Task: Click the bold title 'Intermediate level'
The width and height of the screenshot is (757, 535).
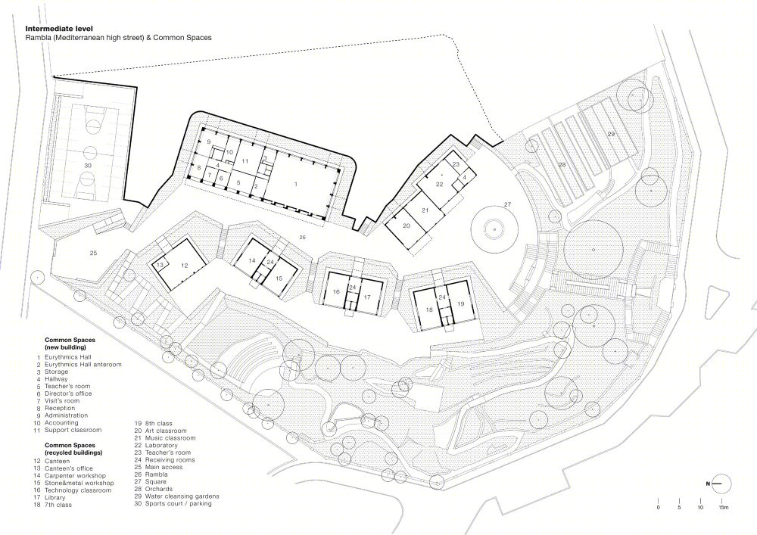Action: pyautogui.click(x=58, y=29)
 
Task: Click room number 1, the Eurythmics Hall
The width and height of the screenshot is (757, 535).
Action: pyautogui.click(x=296, y=184)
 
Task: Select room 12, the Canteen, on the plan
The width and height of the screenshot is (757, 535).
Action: pyautogui.click(x=185, y=265)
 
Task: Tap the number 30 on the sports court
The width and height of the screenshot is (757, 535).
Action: pyautogui.click(x=87, y=166)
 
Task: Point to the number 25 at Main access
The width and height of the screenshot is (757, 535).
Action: pyautogui.click(x=94, y=253)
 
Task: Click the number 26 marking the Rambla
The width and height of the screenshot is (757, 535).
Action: pyautogui.click(x=302, y=237)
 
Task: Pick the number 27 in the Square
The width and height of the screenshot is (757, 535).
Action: pyautogui.click(x=507, y=204)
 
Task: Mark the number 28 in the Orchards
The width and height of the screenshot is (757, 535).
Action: pyautogui.click(x=562, y=164)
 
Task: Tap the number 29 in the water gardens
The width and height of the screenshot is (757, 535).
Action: pyautogui.click(x=611, y=134)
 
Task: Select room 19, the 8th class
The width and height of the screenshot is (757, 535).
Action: pyautogui.click(x=460, y=303)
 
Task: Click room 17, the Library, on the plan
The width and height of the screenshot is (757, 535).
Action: pyautogui.click(x=367, y=297)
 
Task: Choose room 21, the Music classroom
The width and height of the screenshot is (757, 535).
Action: pyautogui.click(x=425, y=210)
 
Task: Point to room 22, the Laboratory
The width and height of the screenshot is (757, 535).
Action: pyautogui.click(x=439, y=185)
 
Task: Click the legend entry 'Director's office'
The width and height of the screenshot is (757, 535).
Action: pyautogui.click(x=68, y=393)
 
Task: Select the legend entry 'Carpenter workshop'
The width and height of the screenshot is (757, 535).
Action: pyautogui.click(x=75, y=476)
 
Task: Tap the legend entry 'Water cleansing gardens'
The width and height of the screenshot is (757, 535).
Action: pyautogui.click(x=182, y=496)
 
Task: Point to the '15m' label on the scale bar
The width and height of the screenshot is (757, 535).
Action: pyautogui.click(x=722, y=508)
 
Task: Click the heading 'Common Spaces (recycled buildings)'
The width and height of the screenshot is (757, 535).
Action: pyautogui.click(x=73, y=449)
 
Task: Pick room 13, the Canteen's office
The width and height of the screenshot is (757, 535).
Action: pyautogui.click(x=160, y=264)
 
